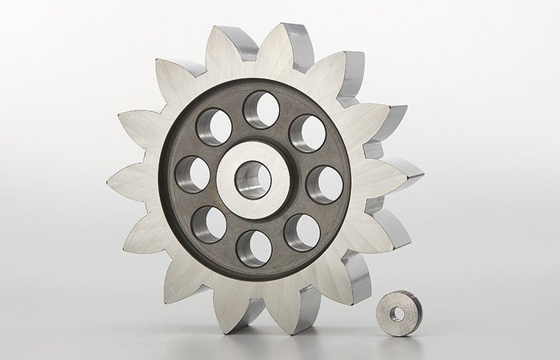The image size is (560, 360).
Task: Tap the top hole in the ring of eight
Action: click(261, 109)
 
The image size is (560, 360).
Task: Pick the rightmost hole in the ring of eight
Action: click(324, 184)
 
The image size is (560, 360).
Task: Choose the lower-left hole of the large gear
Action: click(209, 224)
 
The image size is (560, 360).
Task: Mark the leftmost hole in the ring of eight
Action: click(191, 175)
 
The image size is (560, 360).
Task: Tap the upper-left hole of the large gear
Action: click(214, 127)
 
